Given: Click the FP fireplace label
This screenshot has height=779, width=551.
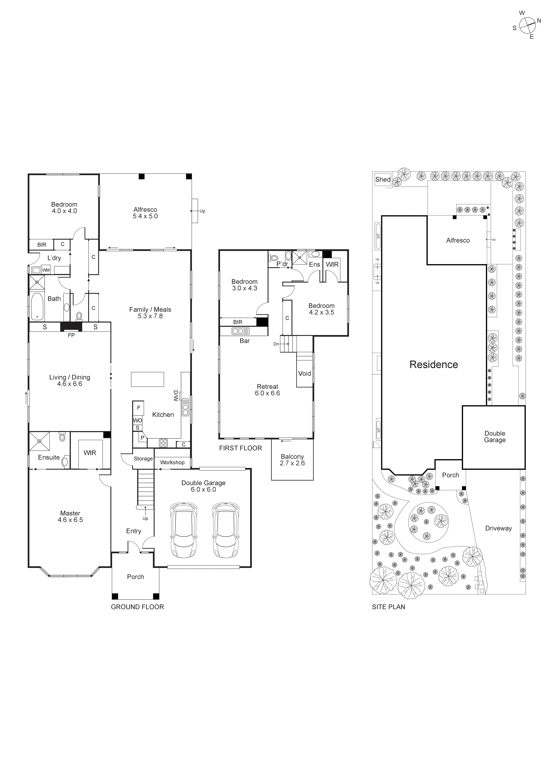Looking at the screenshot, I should point(71,335).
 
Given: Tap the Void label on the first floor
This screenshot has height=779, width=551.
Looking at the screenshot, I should point(305,374).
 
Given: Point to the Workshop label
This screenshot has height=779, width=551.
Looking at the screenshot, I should point(172,462).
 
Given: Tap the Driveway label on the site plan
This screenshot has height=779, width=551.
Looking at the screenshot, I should point(498,528).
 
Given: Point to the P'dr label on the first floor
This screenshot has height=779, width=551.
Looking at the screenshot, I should point(282,264).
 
